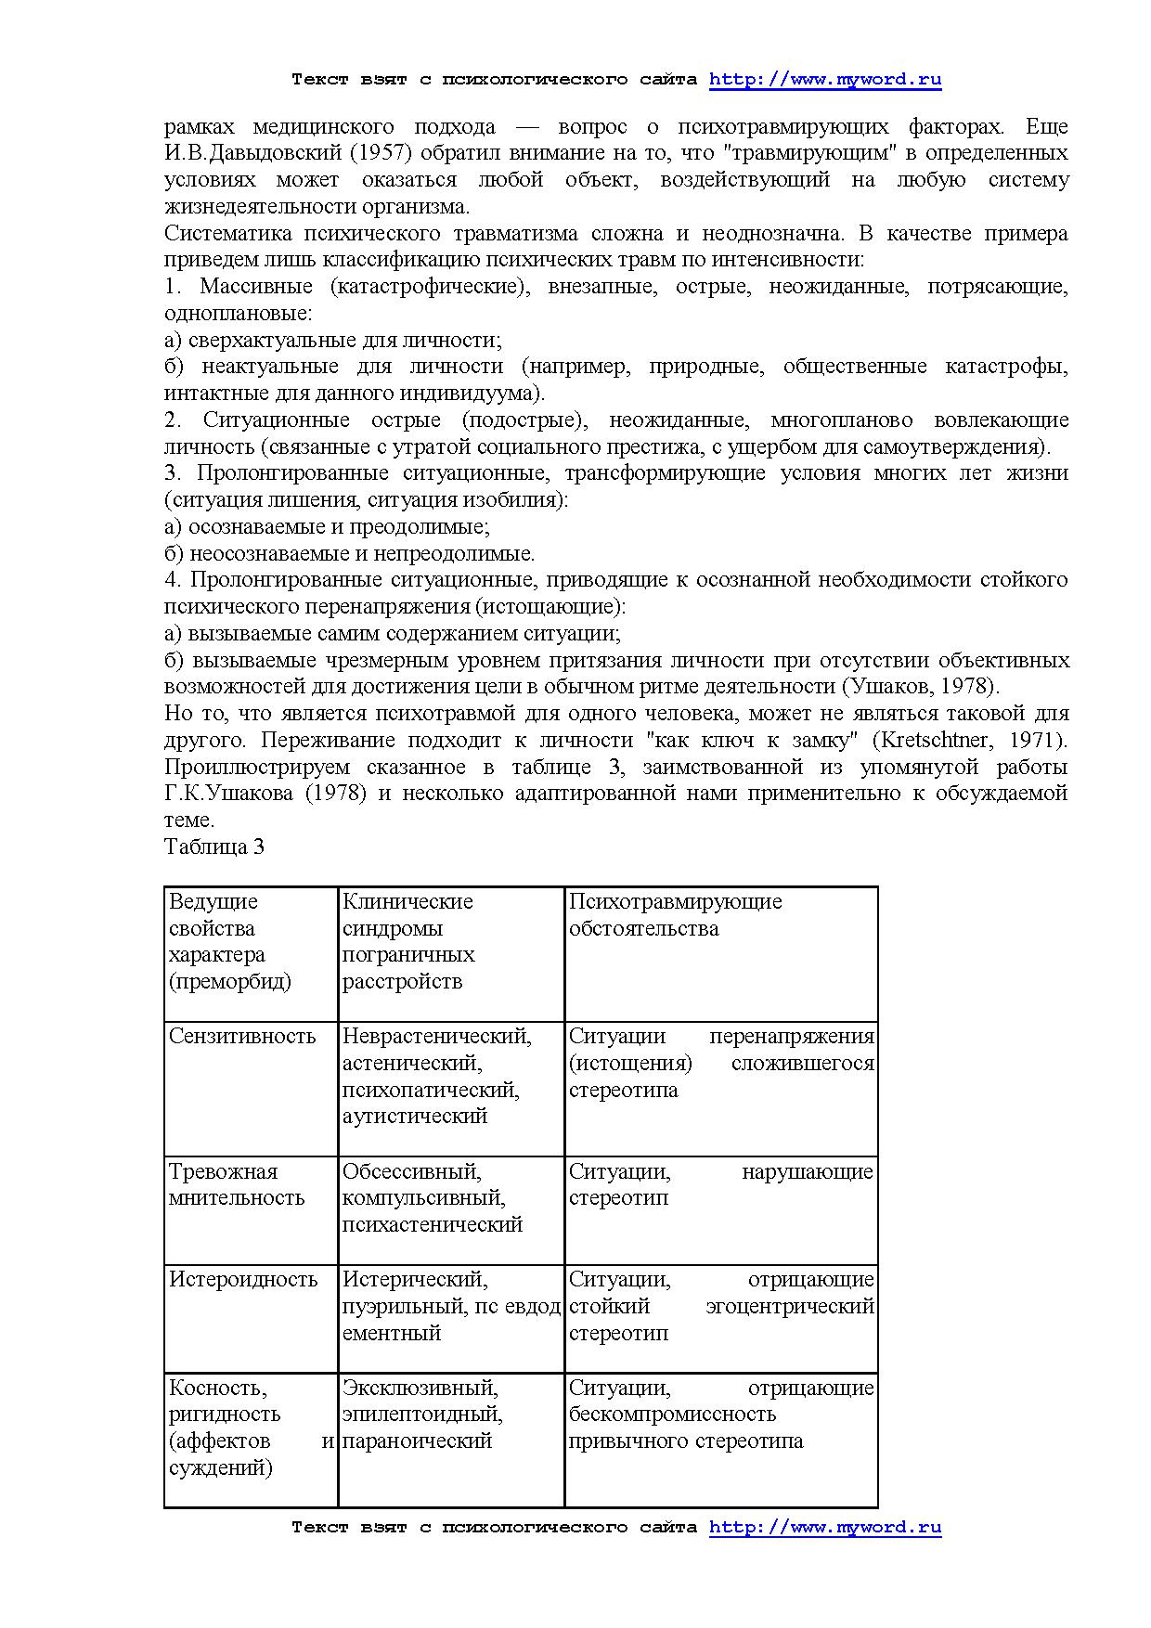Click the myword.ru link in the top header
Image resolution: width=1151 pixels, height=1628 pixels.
[825, 80]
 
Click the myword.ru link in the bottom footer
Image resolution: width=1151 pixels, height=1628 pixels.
[825, 1527]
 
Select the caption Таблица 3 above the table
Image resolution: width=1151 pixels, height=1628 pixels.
[214, 846]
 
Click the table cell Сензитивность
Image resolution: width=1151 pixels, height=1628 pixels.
[242, 1037]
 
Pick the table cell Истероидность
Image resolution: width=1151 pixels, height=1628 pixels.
[243, 1280]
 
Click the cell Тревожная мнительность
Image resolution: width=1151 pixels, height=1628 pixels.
[237, 1185]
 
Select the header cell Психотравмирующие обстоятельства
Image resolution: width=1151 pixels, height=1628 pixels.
[675, 915]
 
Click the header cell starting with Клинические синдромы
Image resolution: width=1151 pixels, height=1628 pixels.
[408, 941]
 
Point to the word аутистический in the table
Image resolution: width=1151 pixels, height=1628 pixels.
[415, 1117]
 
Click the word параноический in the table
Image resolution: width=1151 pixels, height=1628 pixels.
[417, 1441]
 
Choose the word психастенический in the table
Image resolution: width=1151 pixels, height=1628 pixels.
[433, 1225]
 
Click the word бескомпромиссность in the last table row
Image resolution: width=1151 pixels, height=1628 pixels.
[672, 1415]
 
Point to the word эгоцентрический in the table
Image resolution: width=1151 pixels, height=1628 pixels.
[790, 1307]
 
